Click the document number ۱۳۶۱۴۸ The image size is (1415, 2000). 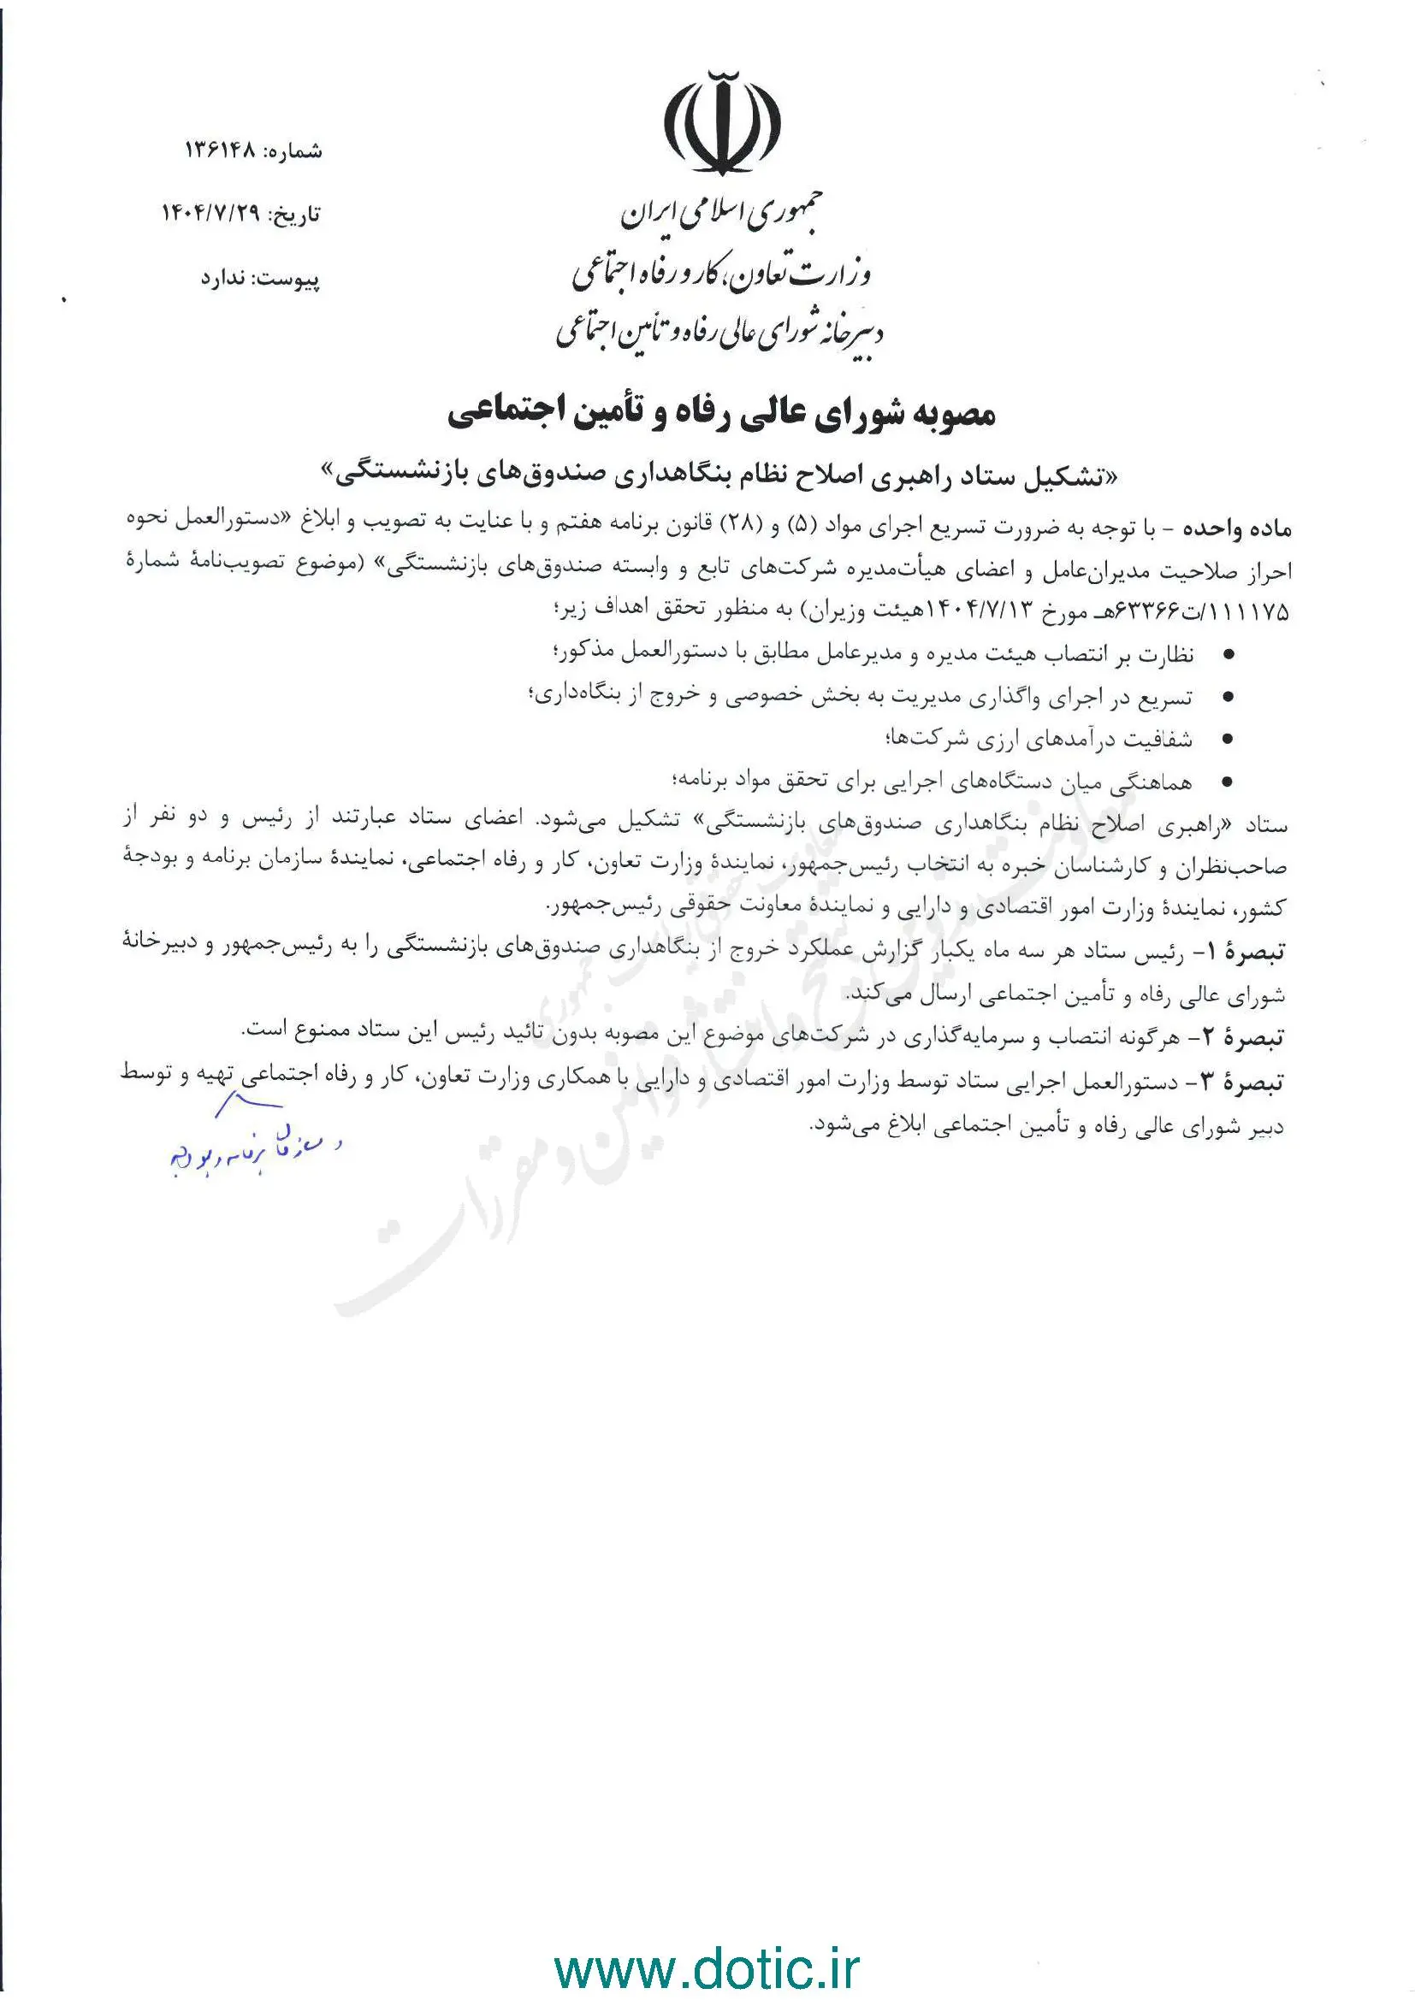coord(221,150)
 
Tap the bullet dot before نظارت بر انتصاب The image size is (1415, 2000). coord(1229,654)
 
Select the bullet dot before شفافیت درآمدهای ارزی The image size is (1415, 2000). coord(1229,740)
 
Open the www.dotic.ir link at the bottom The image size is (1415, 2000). coord(707,1946)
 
